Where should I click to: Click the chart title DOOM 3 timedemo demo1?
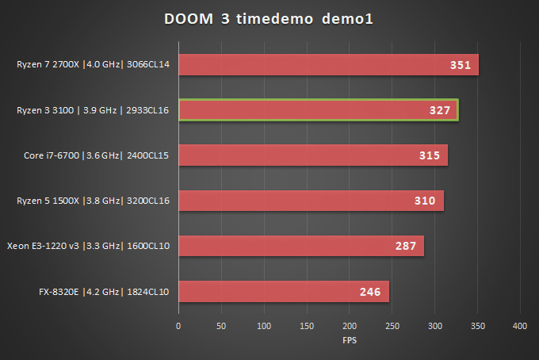(x=269, y=18)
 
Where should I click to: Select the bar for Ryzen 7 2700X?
(x=328, y=65)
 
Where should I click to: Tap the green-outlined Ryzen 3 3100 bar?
(x=318, y=110)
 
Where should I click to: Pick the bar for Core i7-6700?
(x=313, y=155)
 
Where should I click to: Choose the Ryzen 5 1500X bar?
(x=311, y=201)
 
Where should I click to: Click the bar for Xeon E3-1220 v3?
(x=301, y=246)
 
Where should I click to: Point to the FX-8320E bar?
(x=284, y=292)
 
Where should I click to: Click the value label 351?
(x=461, y=66)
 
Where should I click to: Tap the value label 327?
(x=440, y=111)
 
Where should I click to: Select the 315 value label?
(x=430, y=156)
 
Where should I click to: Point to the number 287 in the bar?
(x=406, y=247)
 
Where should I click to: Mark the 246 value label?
(x=370, y=293)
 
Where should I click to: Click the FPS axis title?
(x=349, y=341)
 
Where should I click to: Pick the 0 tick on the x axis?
(x=178, y=326)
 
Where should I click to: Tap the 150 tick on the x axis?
(x=307, y=326)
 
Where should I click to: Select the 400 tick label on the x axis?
(x=520, y=326)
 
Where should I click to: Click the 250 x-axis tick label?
(x=392, y=326)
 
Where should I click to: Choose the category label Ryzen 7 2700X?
(x=94, y=65)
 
